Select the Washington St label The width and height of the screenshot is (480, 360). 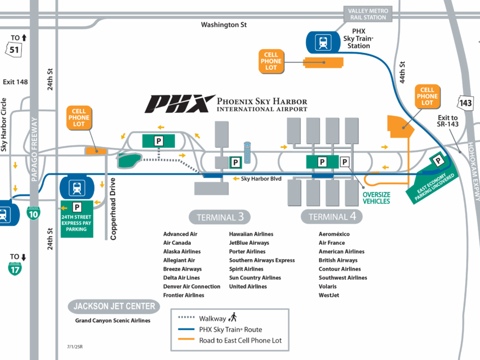tap(224, 25)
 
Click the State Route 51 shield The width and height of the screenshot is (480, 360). tap(15, 50)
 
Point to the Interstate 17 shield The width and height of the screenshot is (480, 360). tap(15, 268)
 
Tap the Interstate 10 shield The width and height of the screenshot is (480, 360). tap(33, 213)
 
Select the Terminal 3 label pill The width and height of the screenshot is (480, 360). tap(220, 217)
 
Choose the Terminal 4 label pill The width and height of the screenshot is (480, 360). tap(332, 217)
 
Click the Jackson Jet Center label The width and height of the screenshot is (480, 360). tap(115, 307)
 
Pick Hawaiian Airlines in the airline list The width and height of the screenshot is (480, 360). tap(251, 234)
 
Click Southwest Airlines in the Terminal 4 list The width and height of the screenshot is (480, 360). tap(343, 278)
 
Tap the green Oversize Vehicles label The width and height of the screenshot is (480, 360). tap(377, 197)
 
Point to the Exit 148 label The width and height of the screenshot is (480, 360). tap(15, 82)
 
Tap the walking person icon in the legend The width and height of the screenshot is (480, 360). tap(233, 317)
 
